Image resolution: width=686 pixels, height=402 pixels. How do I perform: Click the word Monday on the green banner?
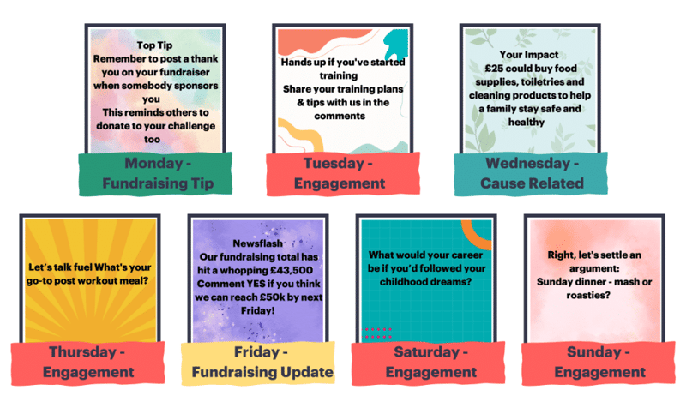tap(153, 163)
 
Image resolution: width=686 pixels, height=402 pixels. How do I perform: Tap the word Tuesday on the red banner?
tap(334, 163)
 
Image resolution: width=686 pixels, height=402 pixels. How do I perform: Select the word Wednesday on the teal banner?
tap(527, 163)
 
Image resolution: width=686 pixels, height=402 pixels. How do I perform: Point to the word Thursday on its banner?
tap(82, 351)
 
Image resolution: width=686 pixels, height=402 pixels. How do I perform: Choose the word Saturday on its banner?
tap(426, 351)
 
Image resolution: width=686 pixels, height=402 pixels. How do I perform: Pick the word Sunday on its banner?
tap(593, 351)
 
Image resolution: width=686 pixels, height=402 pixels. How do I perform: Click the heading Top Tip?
tap(154, 45)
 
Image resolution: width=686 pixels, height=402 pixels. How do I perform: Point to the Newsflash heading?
tap(258, 243)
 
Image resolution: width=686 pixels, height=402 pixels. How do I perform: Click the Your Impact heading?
tap(529, 55)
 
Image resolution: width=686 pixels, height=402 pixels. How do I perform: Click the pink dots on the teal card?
tap(377, 333)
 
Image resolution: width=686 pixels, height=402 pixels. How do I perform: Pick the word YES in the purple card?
tap(256, 284)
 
